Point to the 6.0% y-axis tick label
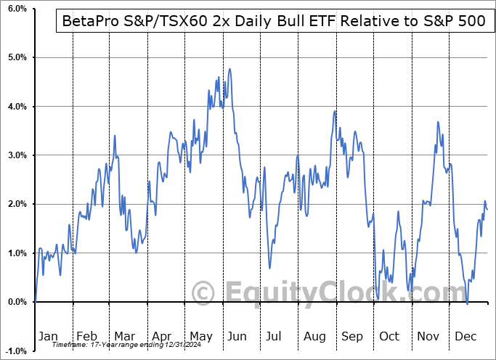pos(16,9)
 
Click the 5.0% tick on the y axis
pos(16,57)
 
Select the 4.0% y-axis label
pos(16,107)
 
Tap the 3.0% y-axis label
pos(16,155)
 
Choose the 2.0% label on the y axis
pos(16,204)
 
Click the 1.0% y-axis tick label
pos(16,253)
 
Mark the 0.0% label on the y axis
pos(16,302)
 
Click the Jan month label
pos(48,336)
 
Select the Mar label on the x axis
pos(124,336)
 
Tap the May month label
pos(201,336)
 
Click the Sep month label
pos(351,336)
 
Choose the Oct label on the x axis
pos(390,336)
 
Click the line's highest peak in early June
pos(230,69)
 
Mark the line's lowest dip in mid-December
pos(468,303)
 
